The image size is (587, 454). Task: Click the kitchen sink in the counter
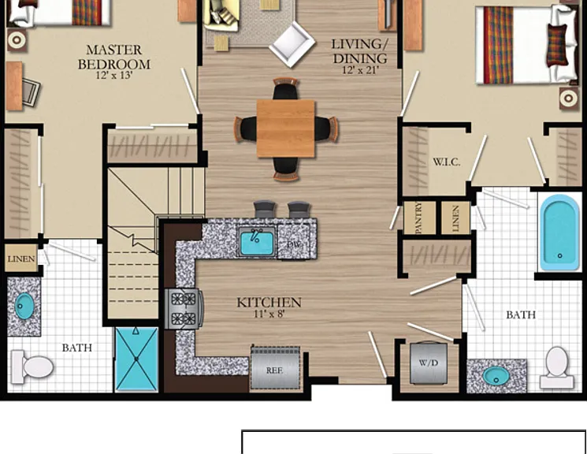click(256, 242)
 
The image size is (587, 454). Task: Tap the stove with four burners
click(184, 309)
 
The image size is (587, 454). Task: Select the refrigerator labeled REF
click(276, 368)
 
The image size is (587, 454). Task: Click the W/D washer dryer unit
click(429, 363)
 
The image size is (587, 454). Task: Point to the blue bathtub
click(559, 232)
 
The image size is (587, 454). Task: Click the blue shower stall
click(136, 359)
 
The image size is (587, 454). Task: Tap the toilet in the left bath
click(32, 367)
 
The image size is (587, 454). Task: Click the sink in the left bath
click(24, 306)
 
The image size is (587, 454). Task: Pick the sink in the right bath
click(496, 376)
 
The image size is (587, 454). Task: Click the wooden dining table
click(286, 128)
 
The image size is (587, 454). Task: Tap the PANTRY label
click(419, 218)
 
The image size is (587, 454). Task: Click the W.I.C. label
click(447, 162)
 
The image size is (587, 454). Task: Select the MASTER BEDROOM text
click(114, 57)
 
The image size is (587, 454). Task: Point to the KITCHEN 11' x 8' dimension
click(269, 314)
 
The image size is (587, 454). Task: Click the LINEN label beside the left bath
click(21, 259)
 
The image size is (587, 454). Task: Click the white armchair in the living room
click(292, 44)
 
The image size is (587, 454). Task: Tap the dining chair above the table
click(286, 88)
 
